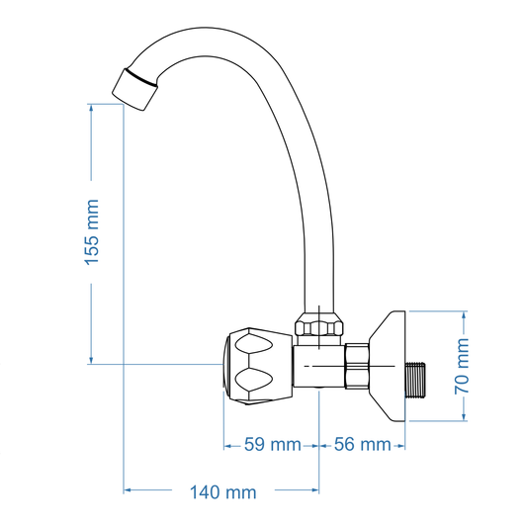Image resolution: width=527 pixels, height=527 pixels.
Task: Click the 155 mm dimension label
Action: (x=92, y=232)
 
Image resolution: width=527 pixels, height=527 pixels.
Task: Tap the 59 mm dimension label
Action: (x=272, y=445)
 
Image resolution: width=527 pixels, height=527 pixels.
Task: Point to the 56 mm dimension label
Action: (x=362, y=445)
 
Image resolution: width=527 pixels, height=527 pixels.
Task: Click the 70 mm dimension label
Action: (x=464, y=366)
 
